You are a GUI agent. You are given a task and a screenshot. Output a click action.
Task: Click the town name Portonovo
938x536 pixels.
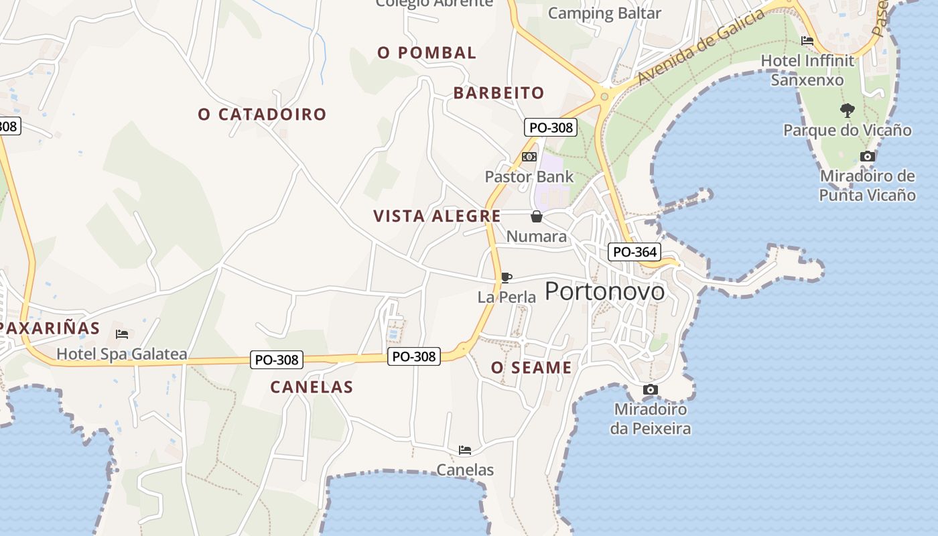[x=604, y=291]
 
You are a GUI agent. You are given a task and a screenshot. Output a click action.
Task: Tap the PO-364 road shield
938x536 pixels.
[x=634, y=252]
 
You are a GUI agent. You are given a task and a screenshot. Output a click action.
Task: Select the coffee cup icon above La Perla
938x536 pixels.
[x=507, y=277]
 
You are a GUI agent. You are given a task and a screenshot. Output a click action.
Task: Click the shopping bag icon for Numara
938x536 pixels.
[x=536, y=216]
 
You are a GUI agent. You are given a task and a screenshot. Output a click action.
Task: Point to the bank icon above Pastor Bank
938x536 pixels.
[x=529, y=157]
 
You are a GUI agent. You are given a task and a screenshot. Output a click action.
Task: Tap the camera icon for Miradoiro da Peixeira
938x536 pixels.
[x=650, y=390]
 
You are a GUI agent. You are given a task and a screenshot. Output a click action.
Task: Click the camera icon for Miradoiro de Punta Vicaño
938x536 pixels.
[x=867, y=157]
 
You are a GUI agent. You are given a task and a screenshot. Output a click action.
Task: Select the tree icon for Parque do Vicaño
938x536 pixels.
[x=848, y=110]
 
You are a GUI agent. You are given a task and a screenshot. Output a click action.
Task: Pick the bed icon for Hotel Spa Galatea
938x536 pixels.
[x=121, y=334]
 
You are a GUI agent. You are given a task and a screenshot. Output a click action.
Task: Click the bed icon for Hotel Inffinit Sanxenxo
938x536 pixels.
[x=807, y=41]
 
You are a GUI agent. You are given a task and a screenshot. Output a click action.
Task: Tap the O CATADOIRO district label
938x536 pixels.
[x=262, y=115]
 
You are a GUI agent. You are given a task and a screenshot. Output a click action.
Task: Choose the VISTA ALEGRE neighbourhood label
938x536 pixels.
[x=437, y=216]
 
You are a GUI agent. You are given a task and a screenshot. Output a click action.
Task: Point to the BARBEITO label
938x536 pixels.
[x=498, y=93]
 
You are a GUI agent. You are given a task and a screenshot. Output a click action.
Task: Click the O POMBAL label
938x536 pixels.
[x=427, y=53]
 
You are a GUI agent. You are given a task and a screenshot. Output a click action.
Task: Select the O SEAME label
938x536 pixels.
[x=531, y=368]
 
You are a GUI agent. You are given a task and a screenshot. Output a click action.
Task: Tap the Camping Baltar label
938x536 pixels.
[x=604, y=13]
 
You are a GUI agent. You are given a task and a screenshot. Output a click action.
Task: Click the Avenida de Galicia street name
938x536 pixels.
[x=700, y=47]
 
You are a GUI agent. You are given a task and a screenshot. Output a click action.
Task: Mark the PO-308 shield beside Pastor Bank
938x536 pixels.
[x=550, y=127]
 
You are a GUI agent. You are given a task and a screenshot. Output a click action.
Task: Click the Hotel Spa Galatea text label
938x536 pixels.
[x=121, y=354]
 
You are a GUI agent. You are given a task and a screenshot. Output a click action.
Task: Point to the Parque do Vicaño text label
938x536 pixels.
[x=848, y=130]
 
